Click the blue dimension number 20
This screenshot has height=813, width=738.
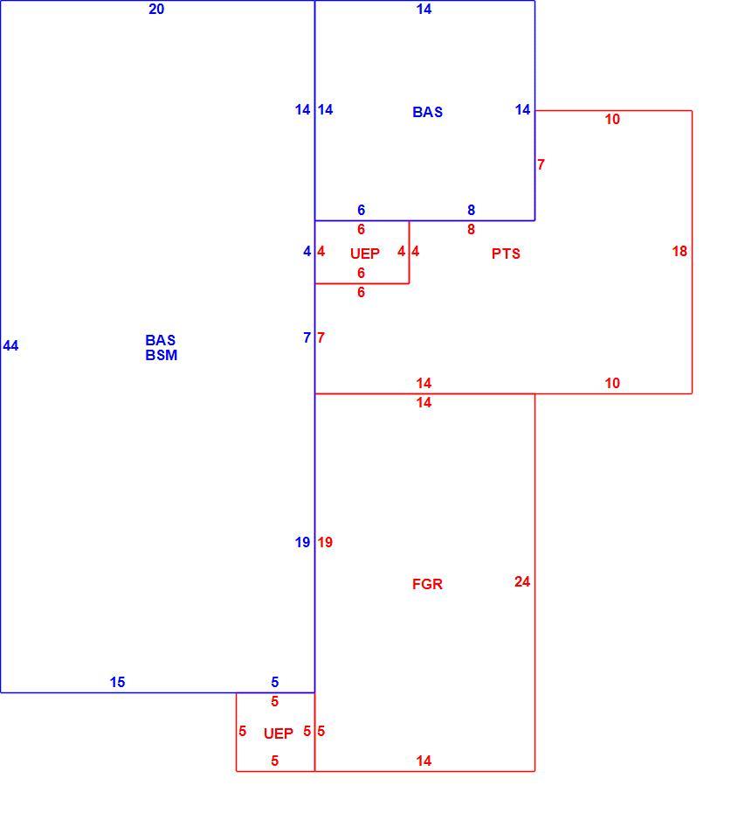click(156, 10)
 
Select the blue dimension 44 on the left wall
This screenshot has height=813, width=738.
click(10, 346)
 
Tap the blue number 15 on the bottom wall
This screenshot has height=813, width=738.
click(118, 683)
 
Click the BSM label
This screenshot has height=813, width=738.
click(161, 355)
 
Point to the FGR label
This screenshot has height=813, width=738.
click(427, 584)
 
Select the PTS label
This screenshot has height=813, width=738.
click(506, 254)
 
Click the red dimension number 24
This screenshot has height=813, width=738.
click(522, 581)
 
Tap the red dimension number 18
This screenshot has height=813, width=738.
click(679, 252)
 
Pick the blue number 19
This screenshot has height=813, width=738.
click(302, 542)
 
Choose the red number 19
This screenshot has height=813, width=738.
click(325, 542)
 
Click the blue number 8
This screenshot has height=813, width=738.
click(471, 210)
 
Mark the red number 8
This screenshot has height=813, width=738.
click(471, 229)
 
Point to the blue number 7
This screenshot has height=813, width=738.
click(307, 337)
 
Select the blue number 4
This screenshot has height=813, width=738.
click(307, 252)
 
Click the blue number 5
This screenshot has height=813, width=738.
click(275, 683)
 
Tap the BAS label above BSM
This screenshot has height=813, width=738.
click(161, 340)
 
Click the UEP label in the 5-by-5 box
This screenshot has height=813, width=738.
click(278, 733)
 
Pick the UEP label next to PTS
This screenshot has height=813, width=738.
click(364, 254)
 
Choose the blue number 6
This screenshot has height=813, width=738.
click(361, 210)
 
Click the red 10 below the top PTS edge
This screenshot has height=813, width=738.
click(612, 119)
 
